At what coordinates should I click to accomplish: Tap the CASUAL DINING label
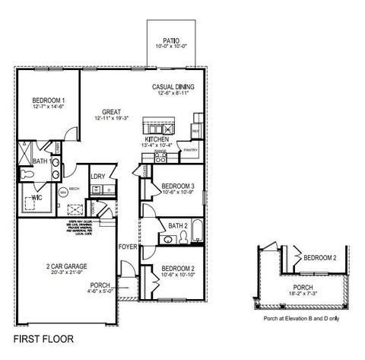(173, 87)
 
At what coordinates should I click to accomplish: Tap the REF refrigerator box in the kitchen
(195, 132)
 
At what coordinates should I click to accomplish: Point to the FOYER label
(128, 247)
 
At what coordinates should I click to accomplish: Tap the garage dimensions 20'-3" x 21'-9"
(64, 272)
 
